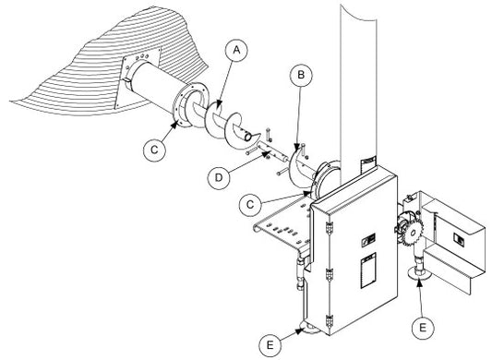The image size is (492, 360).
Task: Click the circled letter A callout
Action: coord(236,50)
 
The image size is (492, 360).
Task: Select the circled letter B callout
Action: coord(301,75)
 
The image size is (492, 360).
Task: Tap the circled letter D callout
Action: coord(219,177)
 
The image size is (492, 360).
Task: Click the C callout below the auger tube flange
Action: coord(154,150)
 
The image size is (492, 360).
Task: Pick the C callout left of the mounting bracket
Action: coord(250,205)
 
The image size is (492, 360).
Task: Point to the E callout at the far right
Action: coord(423,328)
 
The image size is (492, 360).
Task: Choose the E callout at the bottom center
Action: coord(270,345)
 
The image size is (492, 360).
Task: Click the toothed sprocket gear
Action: coord(413,233)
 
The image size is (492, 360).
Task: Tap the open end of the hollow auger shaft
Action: coord(247,137)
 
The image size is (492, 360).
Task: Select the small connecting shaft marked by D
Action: coord(271,151)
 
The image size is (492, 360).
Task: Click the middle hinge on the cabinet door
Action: coord(329,275)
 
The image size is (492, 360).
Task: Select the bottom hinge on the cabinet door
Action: coord(329,321)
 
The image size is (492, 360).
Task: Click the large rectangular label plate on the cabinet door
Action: coord(367,270)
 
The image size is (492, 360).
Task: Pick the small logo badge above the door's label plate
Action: coord(368,240)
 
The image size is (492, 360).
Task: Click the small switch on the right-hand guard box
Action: coord(458,239)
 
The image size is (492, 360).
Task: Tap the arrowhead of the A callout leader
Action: coord(220,102)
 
